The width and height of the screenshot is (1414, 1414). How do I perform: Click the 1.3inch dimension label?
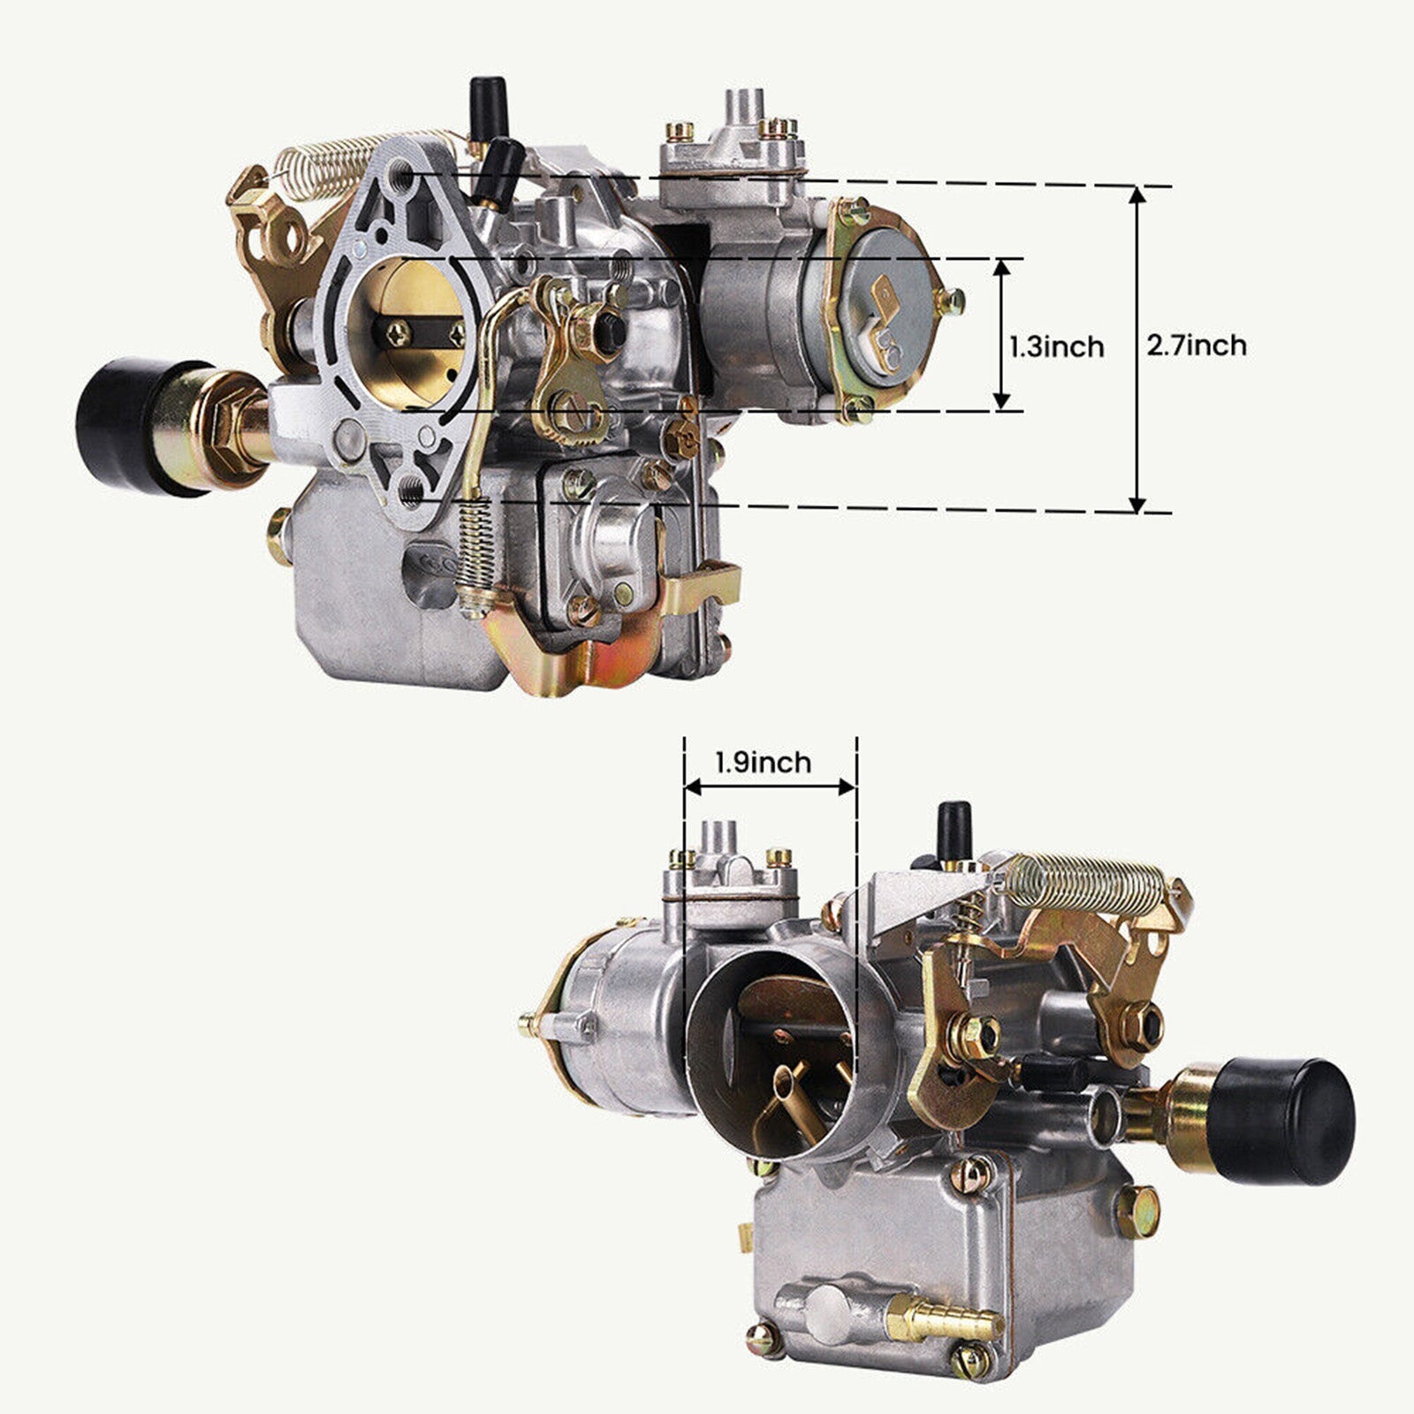[x=1057, y=346]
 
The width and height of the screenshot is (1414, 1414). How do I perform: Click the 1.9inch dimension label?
[x=763, y=762]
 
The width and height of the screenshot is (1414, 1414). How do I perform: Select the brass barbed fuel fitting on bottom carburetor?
[x=945, y=1319]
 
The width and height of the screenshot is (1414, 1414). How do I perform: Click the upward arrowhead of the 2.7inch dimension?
[x=1137, y=196]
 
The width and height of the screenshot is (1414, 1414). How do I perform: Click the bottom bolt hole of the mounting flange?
[x=410, y=488]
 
